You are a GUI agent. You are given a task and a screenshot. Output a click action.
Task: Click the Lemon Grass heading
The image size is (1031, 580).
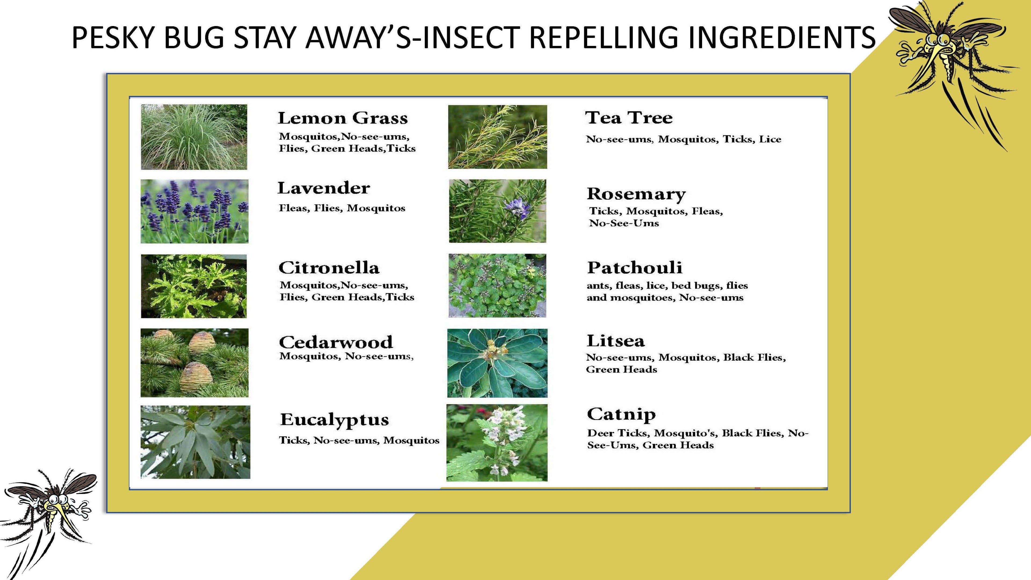coord(343,118)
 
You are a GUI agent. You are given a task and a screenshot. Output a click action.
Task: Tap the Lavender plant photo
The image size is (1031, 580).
coord(194,211)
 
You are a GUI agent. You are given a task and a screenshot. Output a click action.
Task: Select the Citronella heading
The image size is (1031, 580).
coord(329,268)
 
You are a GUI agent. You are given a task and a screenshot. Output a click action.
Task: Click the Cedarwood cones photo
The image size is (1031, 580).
coord(194,363)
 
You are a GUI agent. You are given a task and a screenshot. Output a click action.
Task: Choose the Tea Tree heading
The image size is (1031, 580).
coord(629,118)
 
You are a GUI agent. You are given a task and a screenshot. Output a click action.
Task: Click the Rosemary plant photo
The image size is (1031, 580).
coord(498,211)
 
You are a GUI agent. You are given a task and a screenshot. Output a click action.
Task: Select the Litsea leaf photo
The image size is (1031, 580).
coord(497,363)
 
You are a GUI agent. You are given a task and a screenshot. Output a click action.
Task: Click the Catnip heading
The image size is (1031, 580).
coord(621,414)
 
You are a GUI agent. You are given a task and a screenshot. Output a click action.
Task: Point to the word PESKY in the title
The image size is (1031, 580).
coord(112,38)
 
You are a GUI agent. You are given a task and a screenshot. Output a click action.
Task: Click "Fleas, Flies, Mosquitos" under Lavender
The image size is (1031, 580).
coord(342,208)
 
